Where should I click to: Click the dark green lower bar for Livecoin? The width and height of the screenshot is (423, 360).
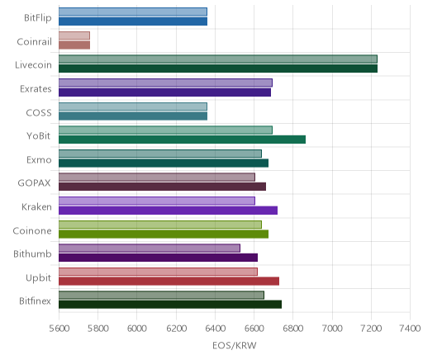(x=218, y=69)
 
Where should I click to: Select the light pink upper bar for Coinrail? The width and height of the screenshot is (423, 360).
(x=74, y=36)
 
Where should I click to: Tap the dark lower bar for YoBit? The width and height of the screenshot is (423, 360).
(x=182, y=140)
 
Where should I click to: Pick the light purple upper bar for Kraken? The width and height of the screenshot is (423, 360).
(x=157, y=201)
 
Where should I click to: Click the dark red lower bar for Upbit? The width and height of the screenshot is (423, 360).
(x=169, y=282)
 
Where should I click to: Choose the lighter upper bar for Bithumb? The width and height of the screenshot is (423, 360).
(x=150, y=248)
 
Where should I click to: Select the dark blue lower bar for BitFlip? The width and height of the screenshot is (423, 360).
(x=133, y=21)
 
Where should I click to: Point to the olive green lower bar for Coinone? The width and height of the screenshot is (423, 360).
(x=164, y=234)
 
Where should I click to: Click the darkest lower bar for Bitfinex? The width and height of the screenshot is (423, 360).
(x=170, y=305)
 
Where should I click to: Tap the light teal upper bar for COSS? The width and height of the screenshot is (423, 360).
(x=133, y=107)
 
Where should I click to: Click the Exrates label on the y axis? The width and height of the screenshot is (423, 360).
(x=36, y=89)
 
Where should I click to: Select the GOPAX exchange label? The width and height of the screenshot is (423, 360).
(x=35, y=183)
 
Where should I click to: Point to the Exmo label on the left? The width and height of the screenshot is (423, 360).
(x=39, y=159)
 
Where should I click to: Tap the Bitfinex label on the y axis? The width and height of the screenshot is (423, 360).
(x=35, y=301)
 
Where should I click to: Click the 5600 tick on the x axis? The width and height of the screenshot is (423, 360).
(x=59, y=329)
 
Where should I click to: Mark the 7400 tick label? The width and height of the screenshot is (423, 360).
(x=411, y=329)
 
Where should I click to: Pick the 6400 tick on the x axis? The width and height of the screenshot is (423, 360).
(x=215, y=329)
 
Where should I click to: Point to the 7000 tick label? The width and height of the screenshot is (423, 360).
(x=332, y=329)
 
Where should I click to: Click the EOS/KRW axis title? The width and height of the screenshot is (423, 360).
(x=235, y=345)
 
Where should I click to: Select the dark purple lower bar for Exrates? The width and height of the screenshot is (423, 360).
(x=164, y=92)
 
